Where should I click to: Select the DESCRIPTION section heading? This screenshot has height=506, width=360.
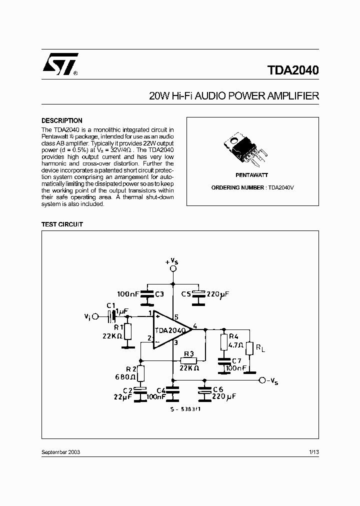click(61, 120)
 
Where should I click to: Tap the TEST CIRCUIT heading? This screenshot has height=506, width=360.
click(62, 224)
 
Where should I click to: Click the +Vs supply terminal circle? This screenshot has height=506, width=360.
click(173, 268)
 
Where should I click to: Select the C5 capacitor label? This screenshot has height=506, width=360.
click(186, 294)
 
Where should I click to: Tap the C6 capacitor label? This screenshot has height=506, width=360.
click(217, 388)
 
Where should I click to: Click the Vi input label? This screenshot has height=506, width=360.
click(87, 316)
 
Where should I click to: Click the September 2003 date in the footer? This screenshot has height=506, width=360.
click(60, 452)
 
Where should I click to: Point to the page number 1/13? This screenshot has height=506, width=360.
click(314, 452)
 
